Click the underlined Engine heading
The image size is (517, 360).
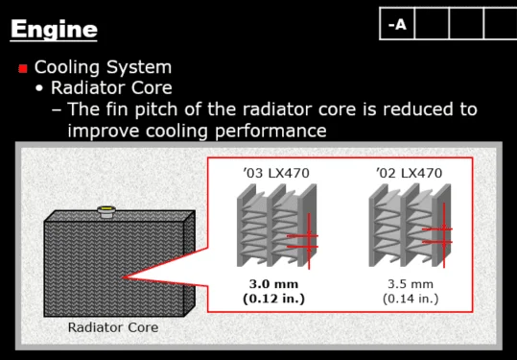pos(54,30)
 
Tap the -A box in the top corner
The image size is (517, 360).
pos(397,24)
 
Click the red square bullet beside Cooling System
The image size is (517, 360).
pos(23,68)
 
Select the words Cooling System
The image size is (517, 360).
pos(103,67)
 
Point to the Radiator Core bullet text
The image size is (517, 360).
pos(111,87)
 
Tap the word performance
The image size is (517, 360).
pos(270,132)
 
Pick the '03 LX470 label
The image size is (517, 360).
pos(276,173)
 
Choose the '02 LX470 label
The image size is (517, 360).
pos(409,173)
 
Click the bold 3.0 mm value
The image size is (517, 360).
pos(273,284)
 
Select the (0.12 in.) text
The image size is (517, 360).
pos(273,299)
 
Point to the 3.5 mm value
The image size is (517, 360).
pos(411,284)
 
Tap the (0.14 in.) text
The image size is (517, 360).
pos(411,299)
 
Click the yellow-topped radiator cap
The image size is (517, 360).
pos(106,211)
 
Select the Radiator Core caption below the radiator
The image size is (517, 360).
pos(113,327)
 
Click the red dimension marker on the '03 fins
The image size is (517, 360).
pos(309,241)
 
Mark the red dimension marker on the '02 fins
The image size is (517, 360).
pos(444,235)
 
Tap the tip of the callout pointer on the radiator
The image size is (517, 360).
pos(123,277)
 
